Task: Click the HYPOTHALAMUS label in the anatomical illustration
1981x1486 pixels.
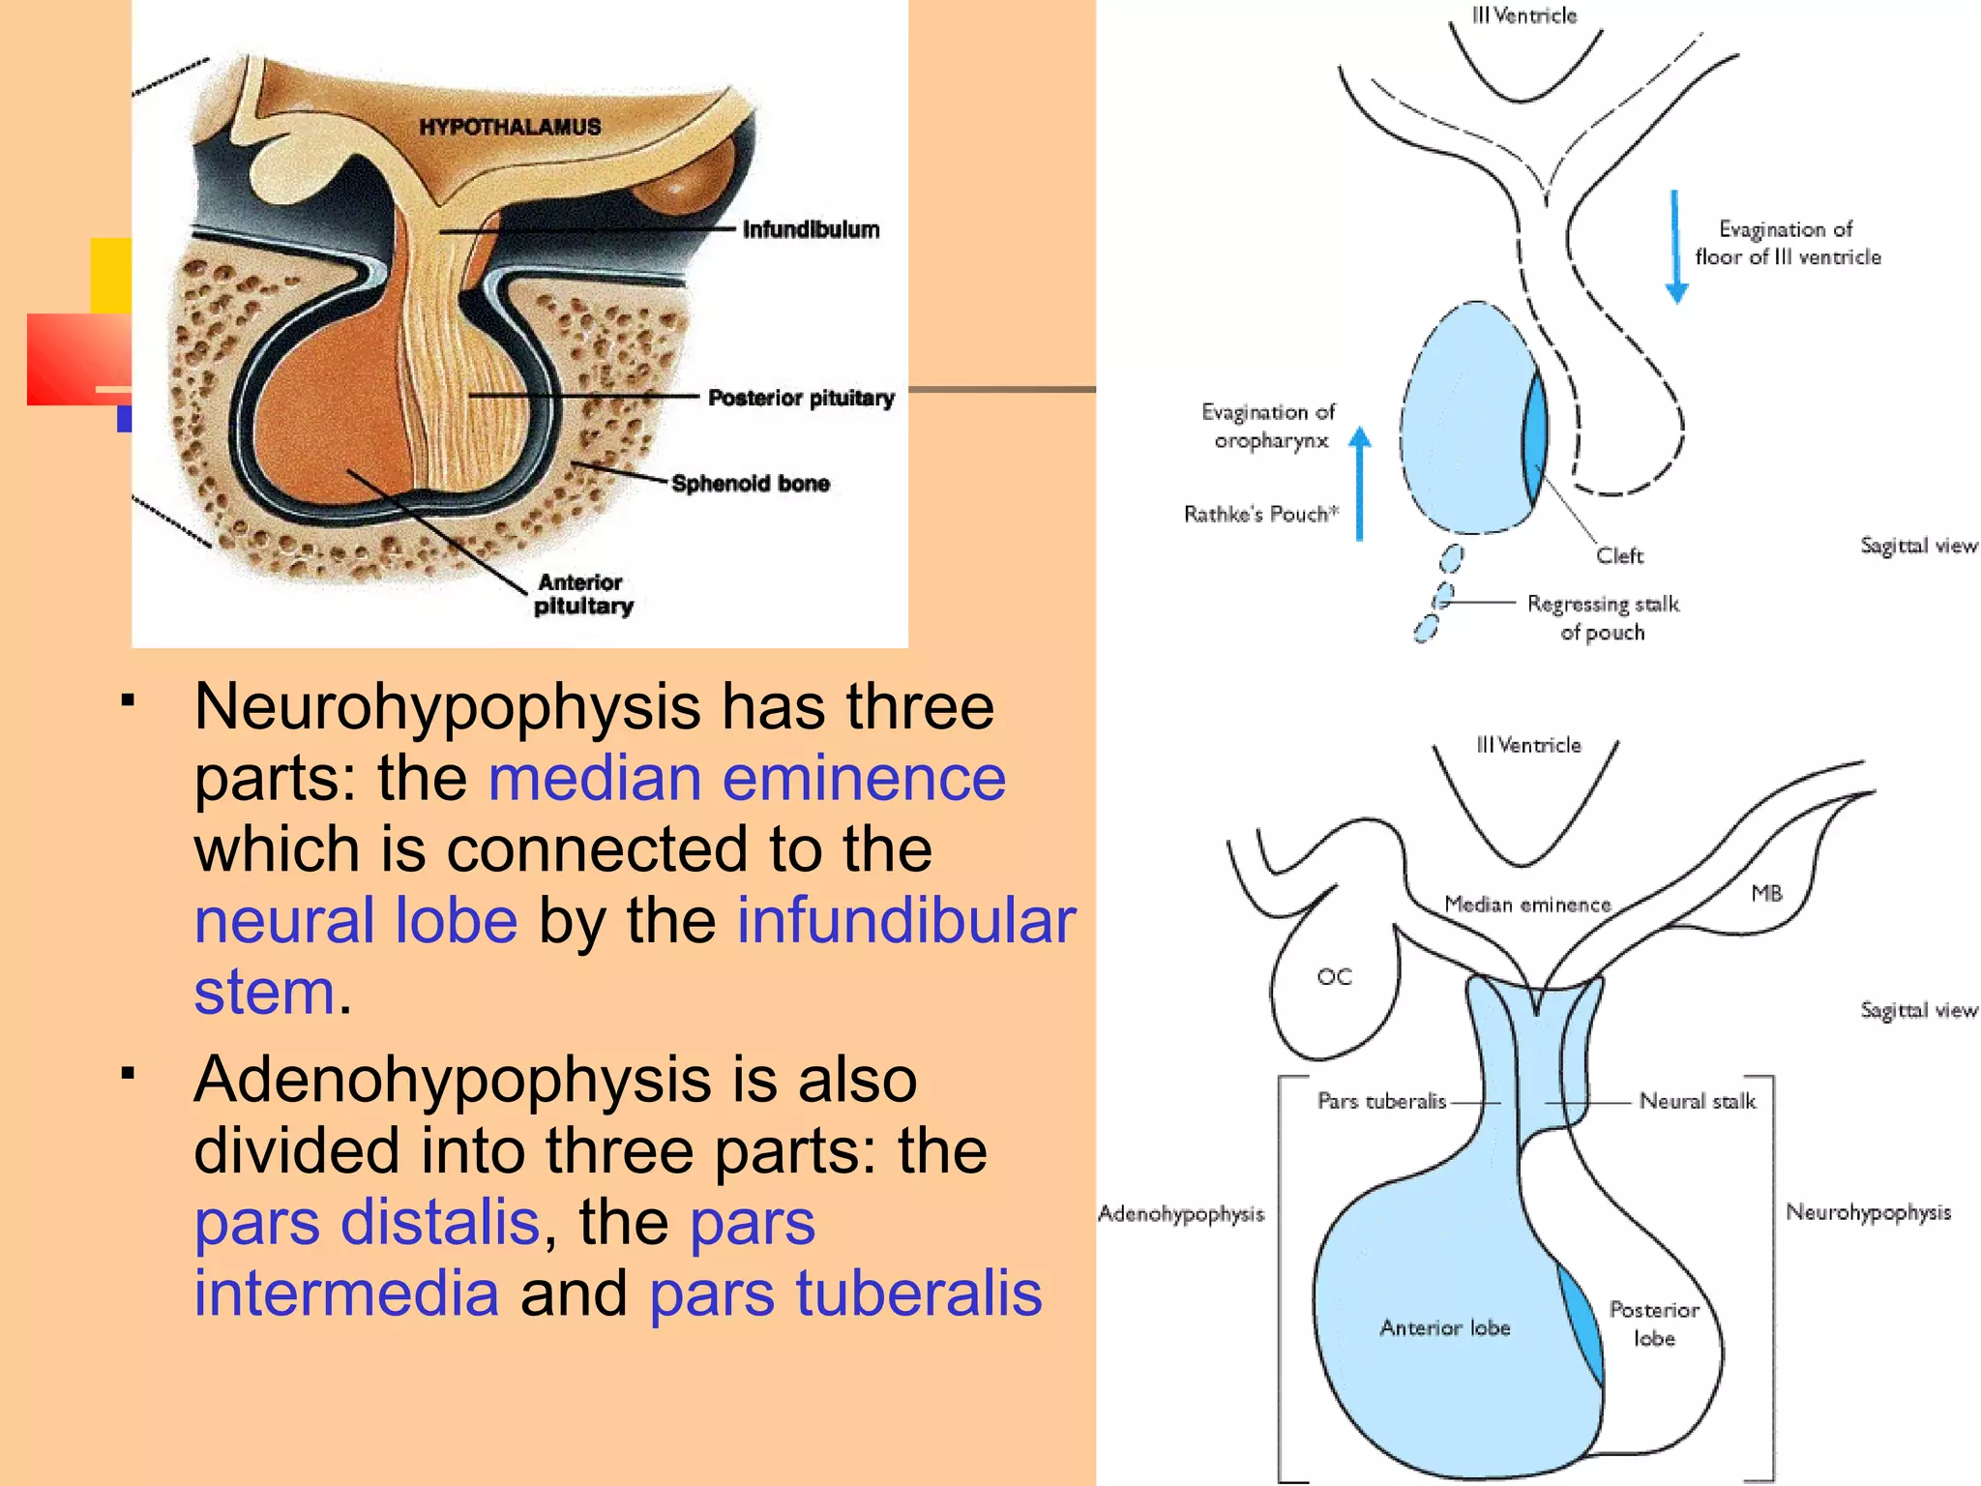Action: pyautogui.click(x=510, y=127)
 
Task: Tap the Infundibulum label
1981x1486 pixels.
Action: pyautogui.click(x=811, y=229)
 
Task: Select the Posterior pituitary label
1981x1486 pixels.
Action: pyautogui.click(x=801, y=398)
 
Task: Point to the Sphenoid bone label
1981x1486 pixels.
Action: pyautogui.click(x=751, y=483)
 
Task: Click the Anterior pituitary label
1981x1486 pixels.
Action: pyautogui.click(x=582, y=594)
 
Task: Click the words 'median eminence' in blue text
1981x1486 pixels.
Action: pyautogui.click(x=747, y=778)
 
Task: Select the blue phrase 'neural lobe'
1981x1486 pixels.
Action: pyautogui.click(x=356, y=920)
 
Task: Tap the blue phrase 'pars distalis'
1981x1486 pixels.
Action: pyautogui.click(x=367, y=1222)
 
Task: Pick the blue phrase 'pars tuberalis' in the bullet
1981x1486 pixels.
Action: pyautogui.click(x=845, y=1293)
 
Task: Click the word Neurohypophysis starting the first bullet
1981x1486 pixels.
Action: pyautogui.click(x=447, y=706)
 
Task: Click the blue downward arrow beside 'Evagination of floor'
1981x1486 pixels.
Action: pyautogui.click(x=1676, y=247)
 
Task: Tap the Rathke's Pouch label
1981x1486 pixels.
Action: pyautogui.click(x=1260, y=514)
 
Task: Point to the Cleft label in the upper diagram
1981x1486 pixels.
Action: pyautogui.click(x=1619, y=555)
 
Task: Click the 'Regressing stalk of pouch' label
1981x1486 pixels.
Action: pyautogui.click(x=1603, y=617)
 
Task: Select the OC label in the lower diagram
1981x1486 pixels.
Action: pyautogui.click(x=1334, y=977)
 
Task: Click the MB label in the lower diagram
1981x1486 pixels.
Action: pyautogui.click(x=1766, y=893)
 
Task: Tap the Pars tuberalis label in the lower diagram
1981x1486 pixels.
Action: pyautogui.click(x=1381, y=1101)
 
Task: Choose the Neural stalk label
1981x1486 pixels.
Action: pyautogui.click(x=1698, y=1101)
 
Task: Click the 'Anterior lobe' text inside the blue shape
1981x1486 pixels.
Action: pyautogui.click(x=1444, y=1327)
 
